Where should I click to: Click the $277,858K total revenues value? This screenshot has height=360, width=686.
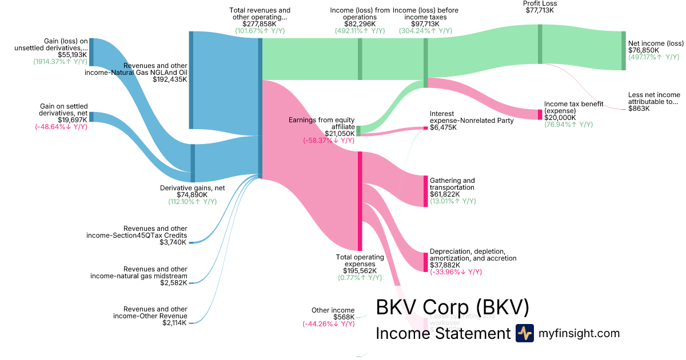click(260, 24)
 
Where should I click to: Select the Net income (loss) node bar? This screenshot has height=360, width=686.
click(624, 51)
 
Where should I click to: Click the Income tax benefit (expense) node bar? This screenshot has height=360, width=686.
click(540, 114)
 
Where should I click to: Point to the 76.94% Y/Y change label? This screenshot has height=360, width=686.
click(568, 124)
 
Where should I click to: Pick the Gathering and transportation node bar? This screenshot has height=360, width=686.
click(425, 191)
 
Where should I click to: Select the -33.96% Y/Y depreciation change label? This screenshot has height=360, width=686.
click(456, 272)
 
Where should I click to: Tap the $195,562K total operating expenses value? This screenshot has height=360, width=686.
click(359, 271)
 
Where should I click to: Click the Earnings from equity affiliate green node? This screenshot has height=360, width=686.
click(358, 131)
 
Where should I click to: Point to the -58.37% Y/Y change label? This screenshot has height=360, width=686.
click(329, 140)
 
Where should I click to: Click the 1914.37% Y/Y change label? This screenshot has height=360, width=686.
click(60, 62)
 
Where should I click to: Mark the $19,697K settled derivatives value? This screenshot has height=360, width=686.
click(71, 120)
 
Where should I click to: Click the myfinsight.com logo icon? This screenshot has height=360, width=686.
click(524, 333)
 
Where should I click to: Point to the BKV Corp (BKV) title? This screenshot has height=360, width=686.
click(452, 307)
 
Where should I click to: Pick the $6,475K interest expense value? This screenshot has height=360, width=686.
click(444, 127)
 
